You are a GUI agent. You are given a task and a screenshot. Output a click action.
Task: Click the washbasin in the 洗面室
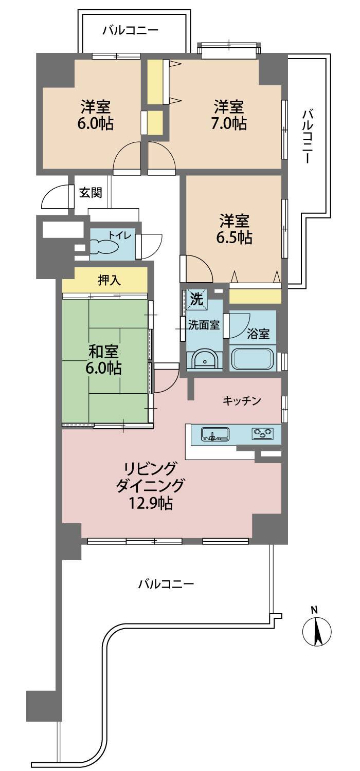pos(205,359)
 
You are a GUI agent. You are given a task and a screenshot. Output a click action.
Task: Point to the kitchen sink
pos(215,434)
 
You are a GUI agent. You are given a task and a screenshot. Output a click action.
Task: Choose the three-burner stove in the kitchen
pos(263,433)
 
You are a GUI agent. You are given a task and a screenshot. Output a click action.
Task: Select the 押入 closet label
pos(109,281)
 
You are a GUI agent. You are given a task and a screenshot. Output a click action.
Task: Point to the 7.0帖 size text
pos(229,123)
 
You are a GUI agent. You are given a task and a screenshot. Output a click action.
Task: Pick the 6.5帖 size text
pos(234,237)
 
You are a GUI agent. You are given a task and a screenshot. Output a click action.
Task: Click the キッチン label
pos(242,400)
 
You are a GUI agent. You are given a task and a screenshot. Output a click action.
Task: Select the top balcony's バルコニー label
pos(130,31)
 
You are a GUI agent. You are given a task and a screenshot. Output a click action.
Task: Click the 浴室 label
pos(258,334)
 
